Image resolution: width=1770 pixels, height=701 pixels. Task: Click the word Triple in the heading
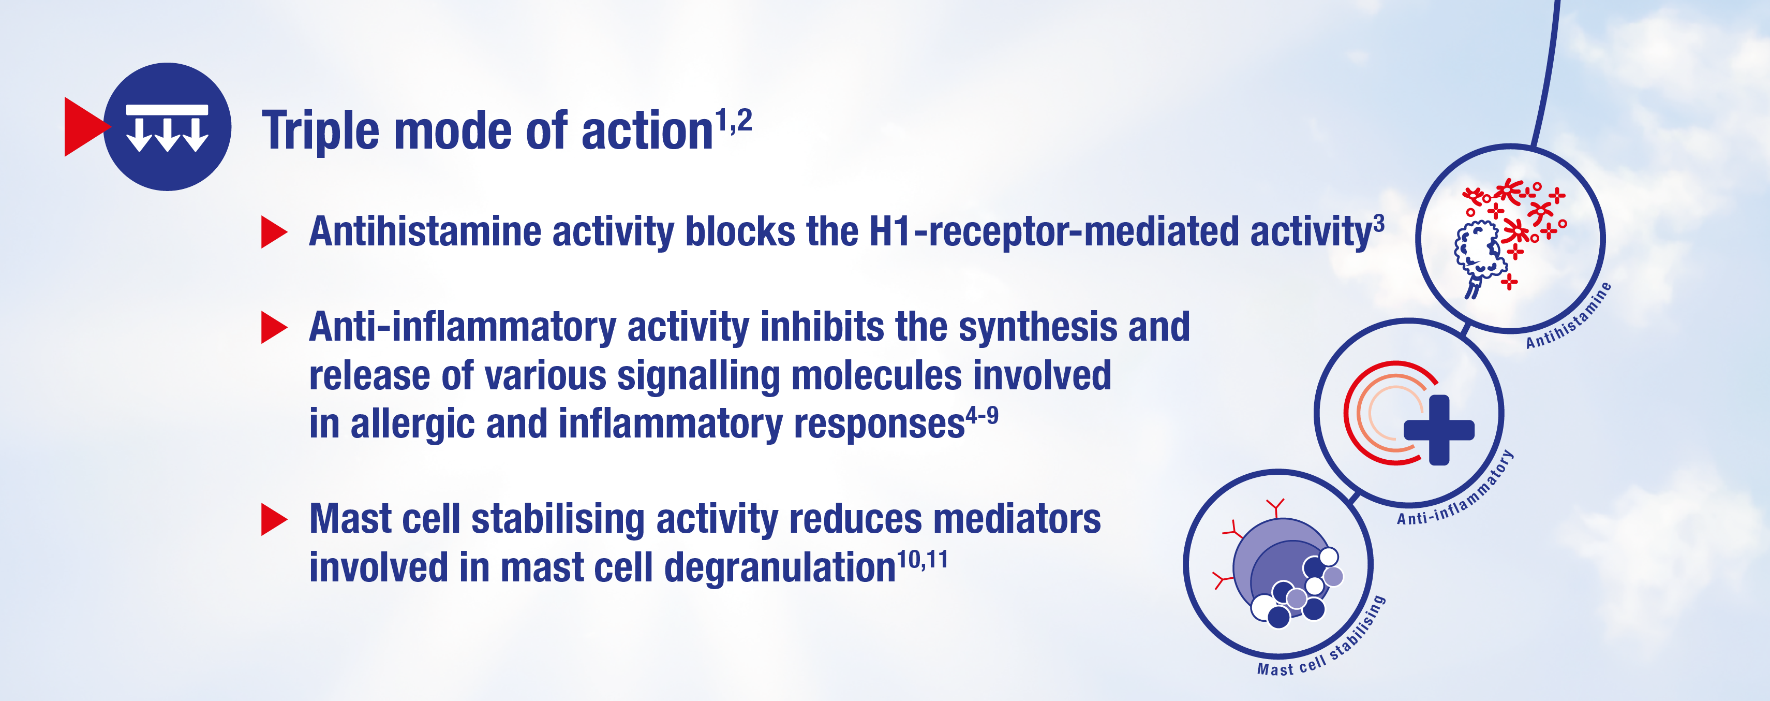320,130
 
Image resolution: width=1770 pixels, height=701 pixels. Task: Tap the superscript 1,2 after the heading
734,122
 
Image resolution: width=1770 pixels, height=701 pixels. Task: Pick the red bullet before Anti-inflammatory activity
274,327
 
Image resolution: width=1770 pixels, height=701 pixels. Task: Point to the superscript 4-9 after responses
983,416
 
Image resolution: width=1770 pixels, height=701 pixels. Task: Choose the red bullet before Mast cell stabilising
274,520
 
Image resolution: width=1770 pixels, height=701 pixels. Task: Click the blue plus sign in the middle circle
1439,430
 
